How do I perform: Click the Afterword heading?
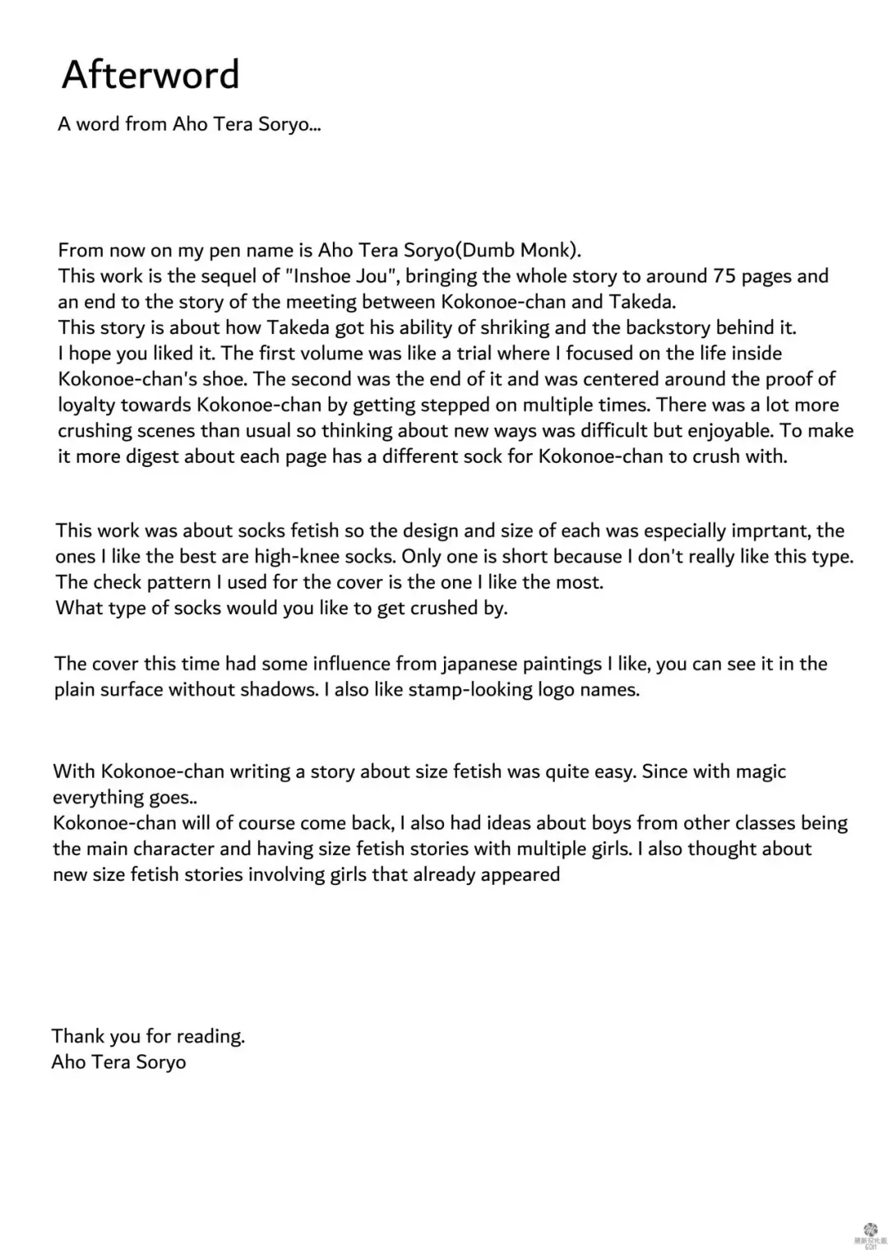(150, 75)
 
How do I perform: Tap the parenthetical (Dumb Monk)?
(518, 250)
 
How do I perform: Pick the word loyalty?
(86, 405)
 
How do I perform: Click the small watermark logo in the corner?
(871, 1231)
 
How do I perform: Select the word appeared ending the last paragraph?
(520, 874)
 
